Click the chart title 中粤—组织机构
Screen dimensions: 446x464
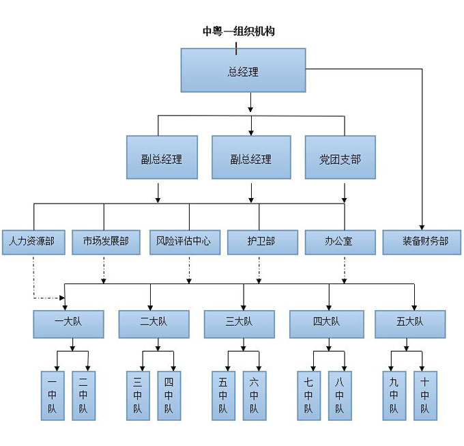(x=238, y=31)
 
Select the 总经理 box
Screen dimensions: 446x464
(x=243, y=70)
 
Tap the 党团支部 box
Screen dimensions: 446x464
(x=340, y=158)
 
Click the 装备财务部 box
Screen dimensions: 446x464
(x=422, y=242)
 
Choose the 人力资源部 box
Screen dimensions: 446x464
(x=33, y=242)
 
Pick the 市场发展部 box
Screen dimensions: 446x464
(x=106, y=242)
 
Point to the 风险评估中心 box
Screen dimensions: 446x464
(x=184, y=242)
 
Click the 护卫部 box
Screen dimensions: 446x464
(x=262, y=242)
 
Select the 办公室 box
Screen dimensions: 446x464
(x=340, y=242)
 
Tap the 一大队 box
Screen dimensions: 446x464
(x=69, y=324)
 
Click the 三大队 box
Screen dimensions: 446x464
(x=239, y=324)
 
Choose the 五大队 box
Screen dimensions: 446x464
(x=410, y=324)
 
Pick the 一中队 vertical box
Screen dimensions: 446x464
(x=53, y=395)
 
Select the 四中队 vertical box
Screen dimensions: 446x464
(x=169, y=395)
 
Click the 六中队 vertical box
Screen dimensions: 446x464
(x=255, y=395)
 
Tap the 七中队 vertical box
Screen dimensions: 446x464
(x=308, y=395)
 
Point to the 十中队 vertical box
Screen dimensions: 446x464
(x=425, y=395)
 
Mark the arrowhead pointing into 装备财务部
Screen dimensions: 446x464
(x=422, y=226)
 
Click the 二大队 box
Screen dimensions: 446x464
(x=154, y=324)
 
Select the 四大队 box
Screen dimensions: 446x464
(x=326, y=324)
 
